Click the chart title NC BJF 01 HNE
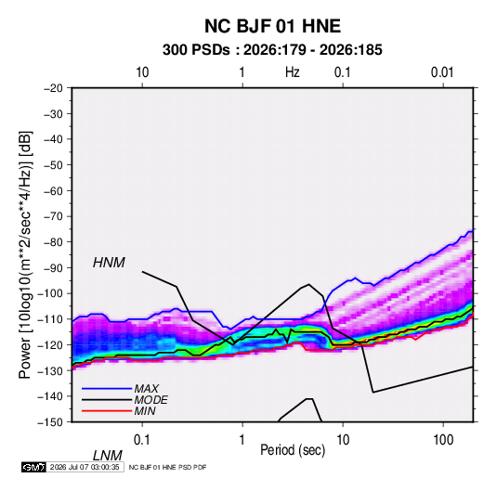(x=272, y=26)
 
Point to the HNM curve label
(x=109, y=263)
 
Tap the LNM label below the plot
(x=108, y=456)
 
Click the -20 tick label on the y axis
(x=53, y=88)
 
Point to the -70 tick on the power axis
(x=53, y=216)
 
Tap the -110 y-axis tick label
(x=50, y=319)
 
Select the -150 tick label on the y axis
(x=50, y=422)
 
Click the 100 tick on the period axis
(x=443, y=440)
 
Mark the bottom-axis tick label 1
(x=242, y=440)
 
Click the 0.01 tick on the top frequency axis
(x=442, y=72)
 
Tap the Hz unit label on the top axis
(x=292, y=72)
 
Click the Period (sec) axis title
(x=293, y=450)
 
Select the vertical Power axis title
(x=25, y=254)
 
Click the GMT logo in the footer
(x=33, y=467)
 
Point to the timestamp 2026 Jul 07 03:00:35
(x=85, y=467)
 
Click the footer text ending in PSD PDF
(x=167, y=467)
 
